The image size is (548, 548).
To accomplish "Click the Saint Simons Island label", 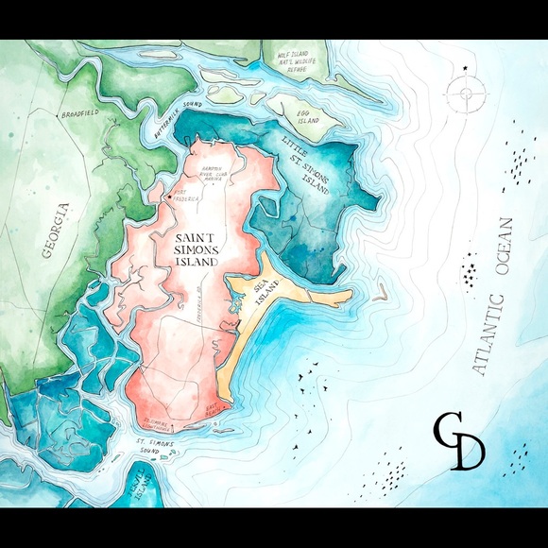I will (x=192, y=247).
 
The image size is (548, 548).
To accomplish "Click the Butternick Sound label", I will (x=179, y=119).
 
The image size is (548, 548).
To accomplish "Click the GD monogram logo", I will (x=459, y=440).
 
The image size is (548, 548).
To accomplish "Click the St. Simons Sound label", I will (x=155, y=444).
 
